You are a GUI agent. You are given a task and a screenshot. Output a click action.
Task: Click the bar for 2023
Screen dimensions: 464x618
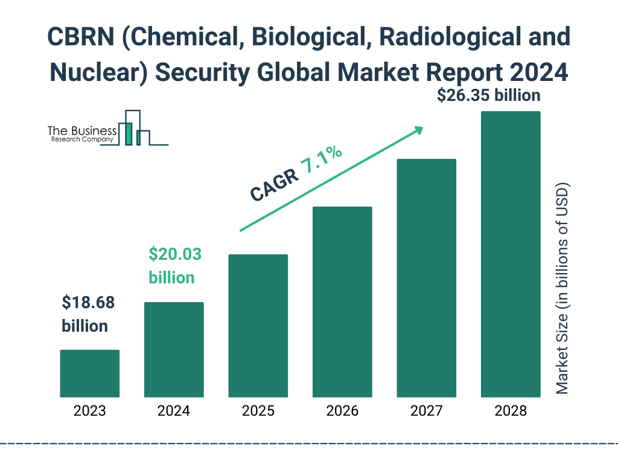(89, 373)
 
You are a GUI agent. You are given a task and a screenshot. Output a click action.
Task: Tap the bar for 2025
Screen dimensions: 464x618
(258, 326)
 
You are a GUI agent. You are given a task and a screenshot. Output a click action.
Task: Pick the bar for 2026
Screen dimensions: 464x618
(342, 301)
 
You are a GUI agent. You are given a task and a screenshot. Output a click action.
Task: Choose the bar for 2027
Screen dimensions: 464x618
(426, 278)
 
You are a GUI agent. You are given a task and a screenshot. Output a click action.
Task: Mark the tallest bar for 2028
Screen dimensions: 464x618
(511, 254)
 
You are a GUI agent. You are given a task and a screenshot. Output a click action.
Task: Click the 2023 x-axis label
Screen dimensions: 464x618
(89, 411)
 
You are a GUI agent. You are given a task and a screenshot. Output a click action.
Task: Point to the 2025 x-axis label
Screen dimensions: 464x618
(258, 411)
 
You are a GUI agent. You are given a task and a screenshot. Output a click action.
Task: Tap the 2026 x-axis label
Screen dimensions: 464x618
(342, 411)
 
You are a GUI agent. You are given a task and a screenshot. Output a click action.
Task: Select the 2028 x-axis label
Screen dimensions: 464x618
(511, 411)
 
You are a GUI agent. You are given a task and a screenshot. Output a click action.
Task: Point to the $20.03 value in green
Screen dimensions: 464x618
(175, 254)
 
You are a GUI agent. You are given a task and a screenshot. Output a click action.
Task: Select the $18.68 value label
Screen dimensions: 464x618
(88, 303)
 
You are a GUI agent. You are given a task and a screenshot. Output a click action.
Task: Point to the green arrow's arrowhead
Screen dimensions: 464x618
(418, 130)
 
